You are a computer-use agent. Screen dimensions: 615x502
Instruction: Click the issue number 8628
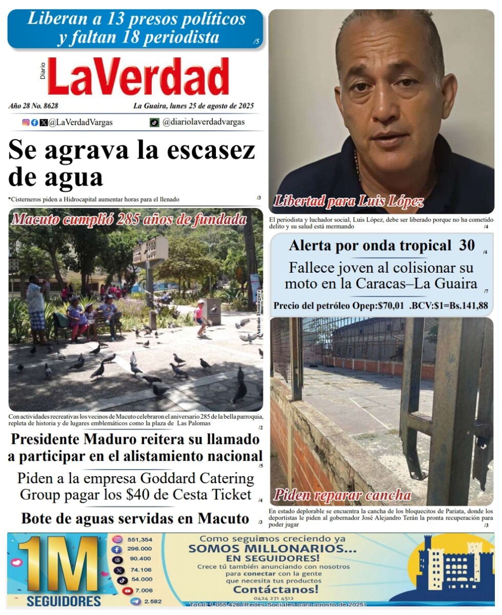pos(48,106)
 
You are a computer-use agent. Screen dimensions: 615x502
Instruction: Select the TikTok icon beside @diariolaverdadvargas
pos(154,122)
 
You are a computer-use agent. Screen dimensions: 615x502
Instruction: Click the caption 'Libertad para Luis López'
pos(349,201)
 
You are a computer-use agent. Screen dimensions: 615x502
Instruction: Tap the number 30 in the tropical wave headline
pos(467,245)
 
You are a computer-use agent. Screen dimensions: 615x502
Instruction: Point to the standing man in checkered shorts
pos(36,310)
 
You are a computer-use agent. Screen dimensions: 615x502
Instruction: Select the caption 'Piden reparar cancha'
pos(343,495)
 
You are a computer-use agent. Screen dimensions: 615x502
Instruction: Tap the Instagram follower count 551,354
pos(139,540)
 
